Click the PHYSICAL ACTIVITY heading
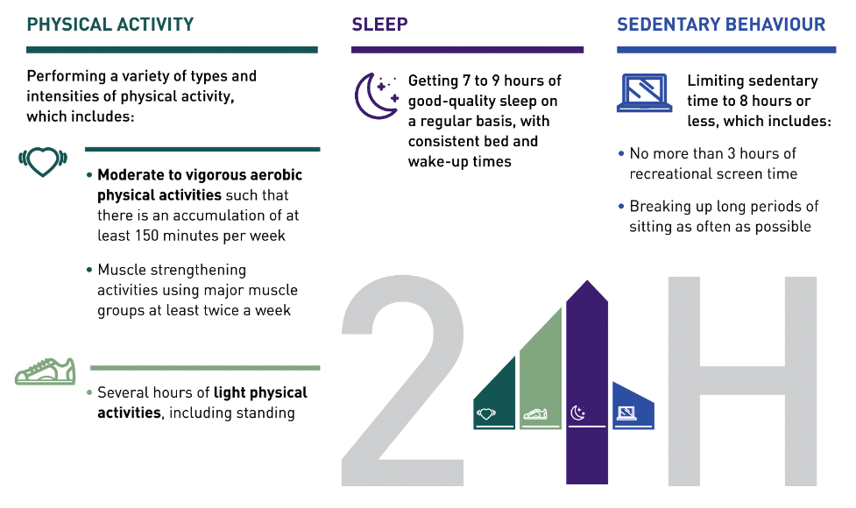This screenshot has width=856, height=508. pyautogui.click(x=110, y=25)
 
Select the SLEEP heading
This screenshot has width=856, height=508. pyautogui.click(x=379, y=25)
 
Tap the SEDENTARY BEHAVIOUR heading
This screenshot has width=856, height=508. pyautogui.click(x=721, y=25)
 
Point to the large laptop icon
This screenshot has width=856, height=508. pyautogui.click(x=644, y=93)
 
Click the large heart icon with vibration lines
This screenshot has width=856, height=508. pyautogui.click(x=43, y=162)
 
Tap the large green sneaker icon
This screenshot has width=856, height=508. pyautogui.click(x=46, y=371)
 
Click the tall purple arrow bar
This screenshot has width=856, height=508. pyautogui.click(x=587, y=382)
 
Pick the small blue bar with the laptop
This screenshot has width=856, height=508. pyautogui.click(x=633, y=407)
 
